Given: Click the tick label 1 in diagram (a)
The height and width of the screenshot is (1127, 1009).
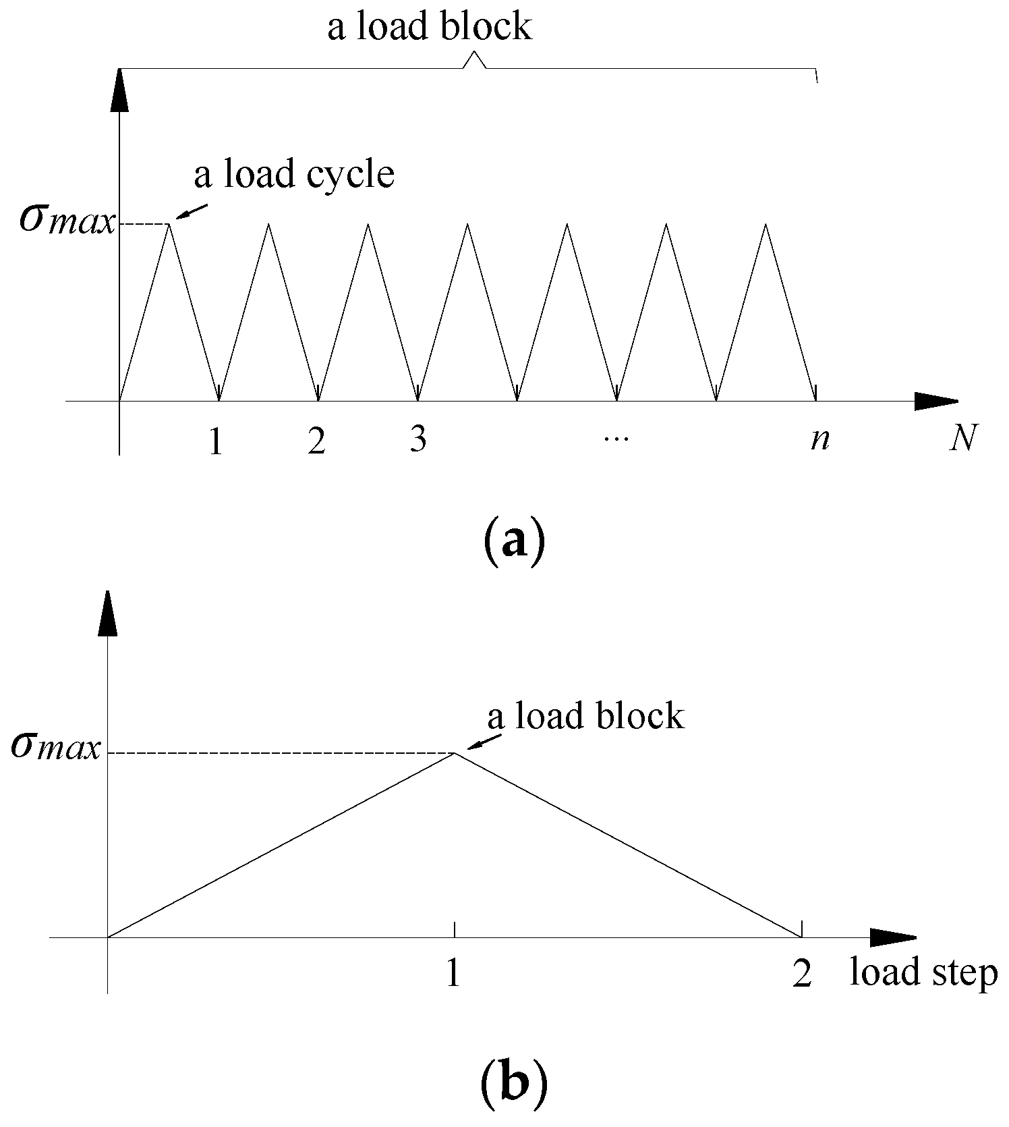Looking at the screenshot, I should (216, 442).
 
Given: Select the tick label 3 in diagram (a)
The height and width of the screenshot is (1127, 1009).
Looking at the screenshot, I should (418, 440).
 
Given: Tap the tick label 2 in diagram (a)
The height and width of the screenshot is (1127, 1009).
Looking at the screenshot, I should (316, 442).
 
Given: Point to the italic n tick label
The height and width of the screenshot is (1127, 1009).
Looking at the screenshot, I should (820, 440).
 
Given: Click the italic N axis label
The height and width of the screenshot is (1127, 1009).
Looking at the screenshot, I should (963, 440).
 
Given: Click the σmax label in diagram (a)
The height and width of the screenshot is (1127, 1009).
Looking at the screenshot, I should (67, 221).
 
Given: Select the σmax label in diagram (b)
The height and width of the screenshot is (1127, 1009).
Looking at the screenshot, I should (57, 748).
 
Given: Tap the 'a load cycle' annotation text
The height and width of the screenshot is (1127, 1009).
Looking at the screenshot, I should (294, 174).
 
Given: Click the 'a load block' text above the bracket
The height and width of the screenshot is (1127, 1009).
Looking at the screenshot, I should (430, 27).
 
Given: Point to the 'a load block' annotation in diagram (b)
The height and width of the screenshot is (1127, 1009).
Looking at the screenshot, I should (585, 716).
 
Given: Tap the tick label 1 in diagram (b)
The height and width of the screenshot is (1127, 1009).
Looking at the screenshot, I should (453, 974).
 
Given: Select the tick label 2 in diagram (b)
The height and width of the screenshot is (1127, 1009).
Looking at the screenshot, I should (802, 974).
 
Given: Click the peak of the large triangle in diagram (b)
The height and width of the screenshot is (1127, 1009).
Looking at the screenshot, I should (455, 752).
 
